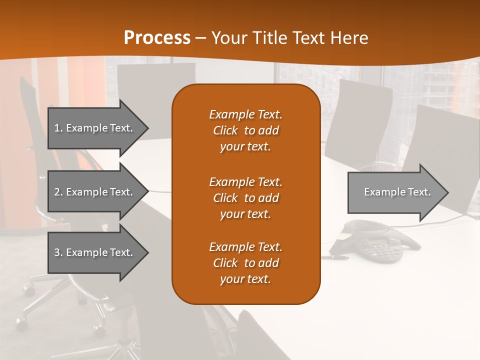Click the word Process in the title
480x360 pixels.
(157, 37)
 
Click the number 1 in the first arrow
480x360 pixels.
(57, 128)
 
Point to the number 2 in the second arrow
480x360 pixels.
(57, 192)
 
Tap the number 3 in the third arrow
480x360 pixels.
(57, 252)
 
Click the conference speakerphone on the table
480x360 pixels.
(375, 239)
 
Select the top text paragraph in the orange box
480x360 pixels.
(245, 130)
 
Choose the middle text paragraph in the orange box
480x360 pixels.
(245, 198)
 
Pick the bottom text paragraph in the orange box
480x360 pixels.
(245, 263)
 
